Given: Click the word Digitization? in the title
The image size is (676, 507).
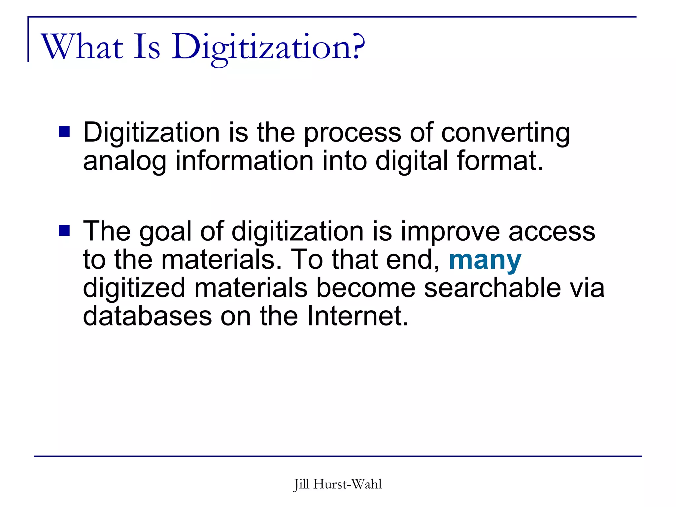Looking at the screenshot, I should [x=268, y=47].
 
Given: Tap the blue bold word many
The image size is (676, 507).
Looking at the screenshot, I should [x=485, y=260].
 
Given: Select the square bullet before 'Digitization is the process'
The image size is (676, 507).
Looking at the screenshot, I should [x=64, y=132].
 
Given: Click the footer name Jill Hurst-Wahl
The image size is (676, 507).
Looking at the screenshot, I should [x=338, y=484].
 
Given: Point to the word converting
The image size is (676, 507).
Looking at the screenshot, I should [x=505, y=133].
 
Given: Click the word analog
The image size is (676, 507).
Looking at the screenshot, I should [x=124, y=161].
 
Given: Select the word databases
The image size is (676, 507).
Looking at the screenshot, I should [x=147, y=316].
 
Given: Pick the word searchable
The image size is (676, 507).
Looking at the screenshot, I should [x=492, y=288].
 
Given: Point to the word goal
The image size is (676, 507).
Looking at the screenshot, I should [x=165, y=232].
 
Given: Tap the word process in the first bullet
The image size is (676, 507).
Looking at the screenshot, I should [x=352, y=133].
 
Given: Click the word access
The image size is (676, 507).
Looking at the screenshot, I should [x=552, y=232].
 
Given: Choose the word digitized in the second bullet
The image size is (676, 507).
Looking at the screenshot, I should [x=134, y=288].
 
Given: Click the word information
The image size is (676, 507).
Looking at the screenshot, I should [x=244, y=161].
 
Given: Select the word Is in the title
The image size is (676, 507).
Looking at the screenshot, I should [x=147, y=47].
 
